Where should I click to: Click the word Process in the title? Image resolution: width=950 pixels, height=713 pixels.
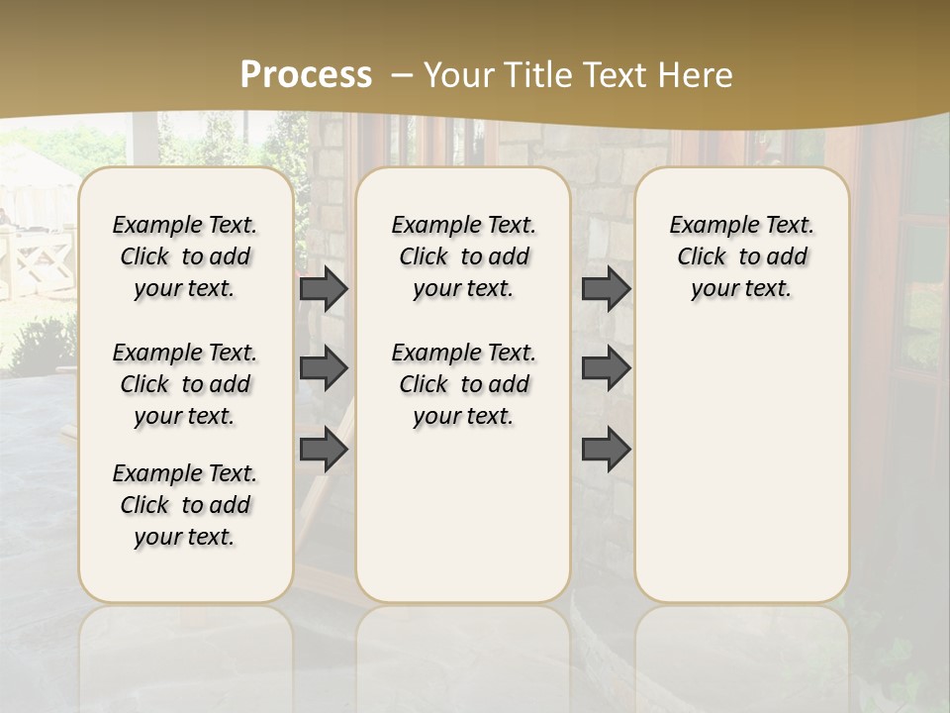coord(306,74)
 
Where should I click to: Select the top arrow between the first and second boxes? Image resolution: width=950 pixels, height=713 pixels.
coord(324,288)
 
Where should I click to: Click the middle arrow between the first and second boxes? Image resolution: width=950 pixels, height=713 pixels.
coord(324,368)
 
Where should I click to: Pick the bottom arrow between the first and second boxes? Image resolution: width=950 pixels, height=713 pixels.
coord(324,449)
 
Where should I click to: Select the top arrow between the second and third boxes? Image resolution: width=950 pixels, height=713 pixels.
coord(606,288)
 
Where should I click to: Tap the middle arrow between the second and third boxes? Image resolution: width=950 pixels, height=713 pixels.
coord(606,368)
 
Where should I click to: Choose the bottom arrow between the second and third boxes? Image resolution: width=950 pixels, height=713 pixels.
coord(606,449)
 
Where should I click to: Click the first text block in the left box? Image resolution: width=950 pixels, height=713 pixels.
coord(185,256)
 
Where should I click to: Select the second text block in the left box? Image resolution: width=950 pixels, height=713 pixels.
coord(185,384)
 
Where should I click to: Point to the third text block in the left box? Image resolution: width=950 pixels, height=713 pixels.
coord(185,505)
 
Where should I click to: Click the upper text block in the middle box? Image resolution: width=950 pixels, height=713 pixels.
coord(463,256)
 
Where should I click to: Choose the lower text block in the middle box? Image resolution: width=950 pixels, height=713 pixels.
coord(463,384)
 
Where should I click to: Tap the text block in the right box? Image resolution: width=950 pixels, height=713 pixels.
coord(741,256)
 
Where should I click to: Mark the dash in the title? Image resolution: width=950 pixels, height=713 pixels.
coord(402,75)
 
